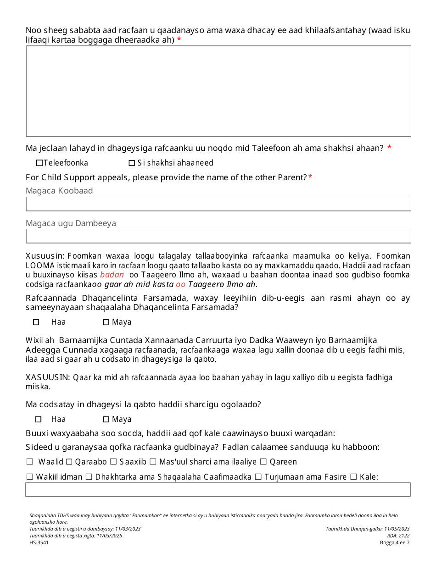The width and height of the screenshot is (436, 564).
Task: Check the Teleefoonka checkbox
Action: coord(39,163)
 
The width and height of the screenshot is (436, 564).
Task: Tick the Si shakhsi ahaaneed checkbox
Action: coord(132,163)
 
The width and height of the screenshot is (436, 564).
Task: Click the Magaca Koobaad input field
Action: coord(218,204)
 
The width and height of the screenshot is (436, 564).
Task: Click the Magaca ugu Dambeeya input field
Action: coord(218,236)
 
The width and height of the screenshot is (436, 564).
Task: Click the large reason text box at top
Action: coord(218,91)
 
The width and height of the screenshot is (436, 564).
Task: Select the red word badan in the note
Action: coord(112,275)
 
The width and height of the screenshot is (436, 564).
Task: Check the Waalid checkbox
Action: coord(30,462)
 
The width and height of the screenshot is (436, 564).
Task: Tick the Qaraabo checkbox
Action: coord(69,462)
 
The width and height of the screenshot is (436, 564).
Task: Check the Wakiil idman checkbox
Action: coord(30,477)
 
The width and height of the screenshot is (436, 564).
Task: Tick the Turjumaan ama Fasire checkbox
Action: coord(258,477)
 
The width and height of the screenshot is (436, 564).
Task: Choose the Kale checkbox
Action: coord(353,477)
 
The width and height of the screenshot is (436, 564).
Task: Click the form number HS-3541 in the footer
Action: coord(39,542)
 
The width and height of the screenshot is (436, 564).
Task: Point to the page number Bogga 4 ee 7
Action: coord(394,542)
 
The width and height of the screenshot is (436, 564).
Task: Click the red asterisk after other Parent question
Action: coord(310,177)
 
